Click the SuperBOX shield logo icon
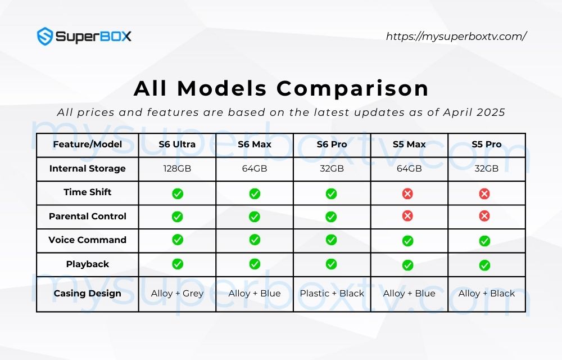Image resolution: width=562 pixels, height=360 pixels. click(45, 37)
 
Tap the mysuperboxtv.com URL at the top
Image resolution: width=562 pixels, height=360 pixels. click(456, 37)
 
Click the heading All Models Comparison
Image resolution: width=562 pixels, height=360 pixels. click(281, 88)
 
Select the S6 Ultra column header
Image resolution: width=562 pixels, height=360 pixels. click(177, 145)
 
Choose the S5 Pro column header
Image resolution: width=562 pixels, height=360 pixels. click(486, 145)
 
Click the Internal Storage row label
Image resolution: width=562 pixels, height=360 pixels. click(87, 168)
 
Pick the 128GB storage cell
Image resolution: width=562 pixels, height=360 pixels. click(177, 168)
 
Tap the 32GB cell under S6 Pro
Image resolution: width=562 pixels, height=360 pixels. click(332, 168)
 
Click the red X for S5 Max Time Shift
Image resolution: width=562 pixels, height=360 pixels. click(408, 193)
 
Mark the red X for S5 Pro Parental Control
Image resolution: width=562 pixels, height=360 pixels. click(484, 216)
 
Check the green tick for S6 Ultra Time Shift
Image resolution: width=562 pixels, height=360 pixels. click(178, 193)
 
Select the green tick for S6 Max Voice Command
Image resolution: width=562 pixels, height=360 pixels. click(255, 240)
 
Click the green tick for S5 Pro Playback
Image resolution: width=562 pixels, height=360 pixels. click(484, 265)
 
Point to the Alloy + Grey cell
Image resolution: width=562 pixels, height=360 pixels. click(177, 293)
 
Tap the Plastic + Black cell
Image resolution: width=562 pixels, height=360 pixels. click(332, 293)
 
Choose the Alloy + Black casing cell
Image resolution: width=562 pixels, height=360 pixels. click(486, 293)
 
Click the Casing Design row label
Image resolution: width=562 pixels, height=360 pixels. click(87, 293)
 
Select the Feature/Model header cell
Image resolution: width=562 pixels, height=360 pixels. click(87, 145)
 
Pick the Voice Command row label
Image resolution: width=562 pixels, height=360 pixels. click(87, 240)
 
